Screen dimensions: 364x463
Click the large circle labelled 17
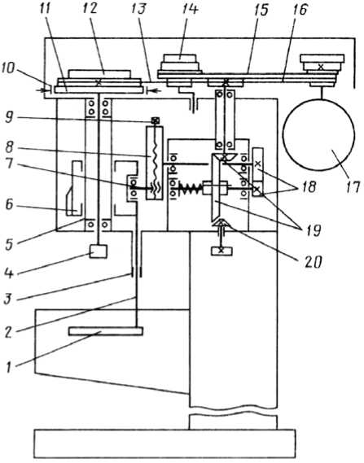[x=318, y=134]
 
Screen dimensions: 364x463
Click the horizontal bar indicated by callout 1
[x=106, y=330]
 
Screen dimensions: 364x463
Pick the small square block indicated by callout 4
[x=99, y=251]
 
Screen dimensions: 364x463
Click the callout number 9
[x=9, y=119]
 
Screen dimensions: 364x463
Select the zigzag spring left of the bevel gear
[x=191, y=188]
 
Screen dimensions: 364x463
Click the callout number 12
[x=90, y=9]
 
